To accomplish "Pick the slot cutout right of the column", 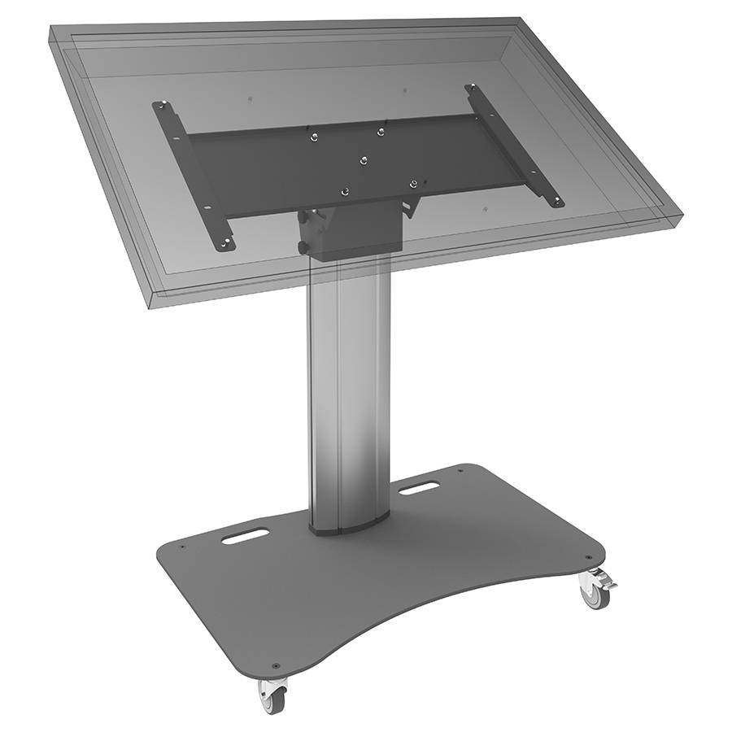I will (420, 489).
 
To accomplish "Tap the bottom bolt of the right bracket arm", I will (556, 200).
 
